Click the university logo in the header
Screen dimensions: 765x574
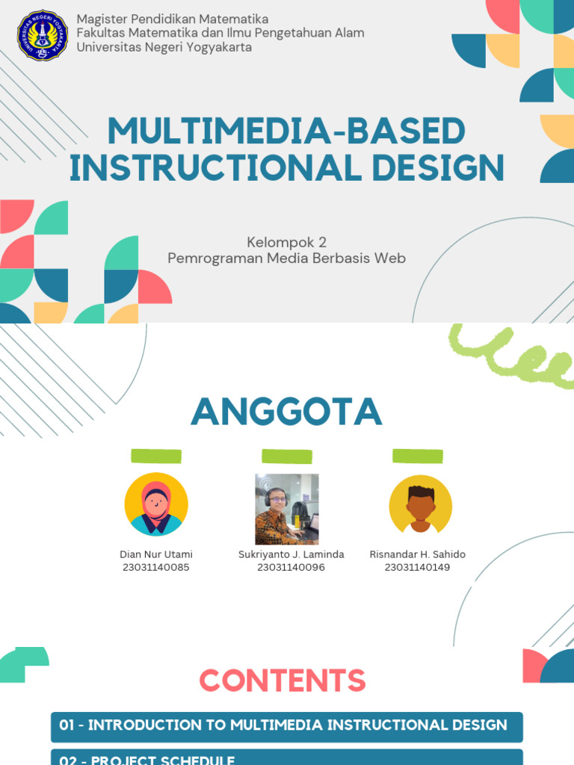tap(43, 35)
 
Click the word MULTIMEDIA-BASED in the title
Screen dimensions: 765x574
tap(286, 132)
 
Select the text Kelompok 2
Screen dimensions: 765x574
tap(286, 242)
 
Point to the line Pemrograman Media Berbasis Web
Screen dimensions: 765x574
tap(286, 258)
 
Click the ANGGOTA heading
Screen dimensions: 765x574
tap(286, 412)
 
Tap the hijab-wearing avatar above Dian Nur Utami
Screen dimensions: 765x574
tap(156, 504)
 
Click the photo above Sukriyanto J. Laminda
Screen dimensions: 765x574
tap(287, 509)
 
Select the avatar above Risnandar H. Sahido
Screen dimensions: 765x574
tap(420, 505)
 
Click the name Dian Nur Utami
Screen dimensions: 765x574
tap(156, 554)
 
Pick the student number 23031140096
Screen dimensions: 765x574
tap(291, 568)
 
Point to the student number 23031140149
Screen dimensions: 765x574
tap(417, 568)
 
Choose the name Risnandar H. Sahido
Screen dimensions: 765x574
tap(417, 554)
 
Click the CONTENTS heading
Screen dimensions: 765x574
tap(283, 681)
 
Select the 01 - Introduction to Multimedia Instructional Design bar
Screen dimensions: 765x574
tap(286, 726)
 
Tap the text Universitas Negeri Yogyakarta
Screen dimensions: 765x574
tap(164, 47)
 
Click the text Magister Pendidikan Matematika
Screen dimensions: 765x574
tap(173, 19)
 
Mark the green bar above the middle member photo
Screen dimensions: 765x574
tap(287, 456)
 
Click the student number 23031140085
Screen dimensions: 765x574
tap(155, 568)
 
